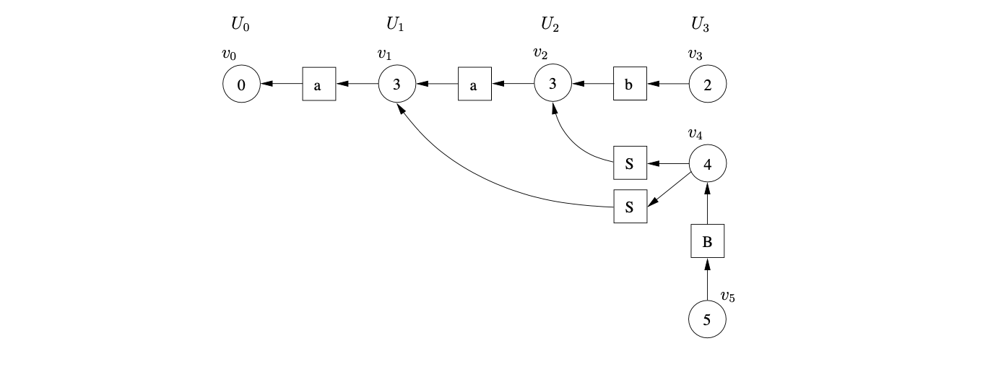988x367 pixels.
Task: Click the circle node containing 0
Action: tap(241, 85)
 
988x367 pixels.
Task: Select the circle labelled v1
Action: tap(396, 85)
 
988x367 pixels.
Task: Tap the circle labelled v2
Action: tap(552, 85)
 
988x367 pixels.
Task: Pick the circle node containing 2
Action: tap(708, 85)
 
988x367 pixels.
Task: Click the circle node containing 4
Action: tap(708, 164)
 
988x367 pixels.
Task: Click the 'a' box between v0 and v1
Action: tap(318, 85)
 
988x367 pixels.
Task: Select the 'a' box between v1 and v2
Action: tap(474, 85)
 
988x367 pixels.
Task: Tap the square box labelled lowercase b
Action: tap(630, 85)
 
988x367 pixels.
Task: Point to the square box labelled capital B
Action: tap(708, 242)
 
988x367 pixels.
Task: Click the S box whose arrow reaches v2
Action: tap(630, 164)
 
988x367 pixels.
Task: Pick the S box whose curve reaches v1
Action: tap(630, 207)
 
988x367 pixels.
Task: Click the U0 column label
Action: tap(240, 25)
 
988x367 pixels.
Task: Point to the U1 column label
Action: tap(395, 25)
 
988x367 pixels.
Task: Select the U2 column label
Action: tap(550, 25)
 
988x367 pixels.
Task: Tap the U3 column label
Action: tap(700, 25)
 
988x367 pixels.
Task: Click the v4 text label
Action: tap(695, 134)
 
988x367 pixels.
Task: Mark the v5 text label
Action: tap(728, 296)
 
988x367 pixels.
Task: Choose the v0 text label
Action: tap(229, 54)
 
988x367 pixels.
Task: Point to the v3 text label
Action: tap(695, 54)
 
